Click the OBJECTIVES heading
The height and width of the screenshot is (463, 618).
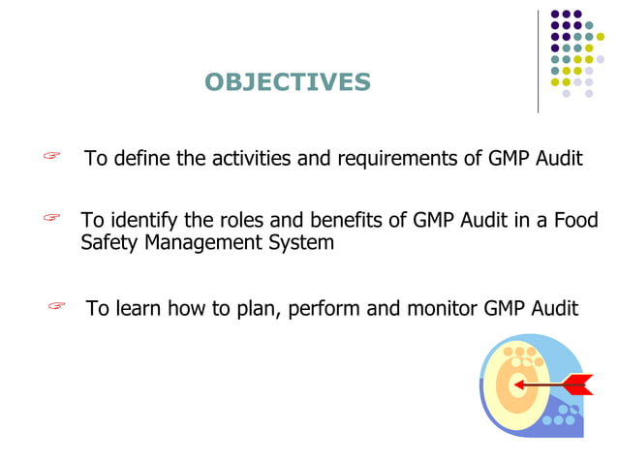tap(288, 82)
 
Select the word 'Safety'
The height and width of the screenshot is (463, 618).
tap(109, 243)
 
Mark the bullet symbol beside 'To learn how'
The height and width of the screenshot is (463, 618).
tap(56, 307)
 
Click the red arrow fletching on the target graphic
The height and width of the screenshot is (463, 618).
tap(578, 384)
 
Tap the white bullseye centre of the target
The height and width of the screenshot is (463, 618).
tap(519, 386)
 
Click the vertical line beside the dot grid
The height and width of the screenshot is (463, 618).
tap(538, 61)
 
